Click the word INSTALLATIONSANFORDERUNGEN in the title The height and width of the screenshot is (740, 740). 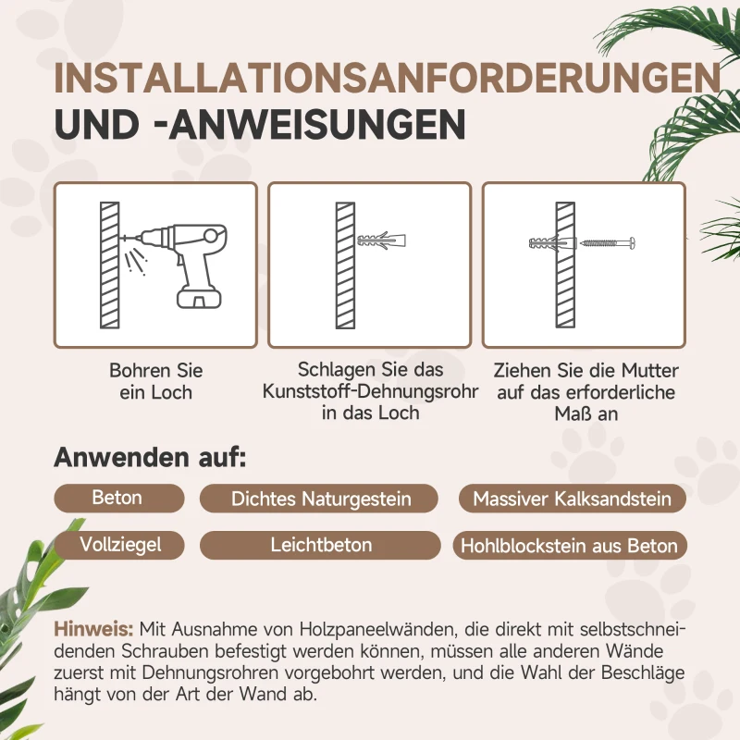click(x=387, y=78)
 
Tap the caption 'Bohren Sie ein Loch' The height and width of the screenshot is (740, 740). click(x=155, y=381)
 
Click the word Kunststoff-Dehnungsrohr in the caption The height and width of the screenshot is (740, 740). click(x=371, y=391)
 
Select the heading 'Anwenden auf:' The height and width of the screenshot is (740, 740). click(x=150, y=457)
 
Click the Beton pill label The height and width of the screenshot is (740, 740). click(x=117, y=498)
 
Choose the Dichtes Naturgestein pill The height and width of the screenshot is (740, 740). click(x=320, y=499)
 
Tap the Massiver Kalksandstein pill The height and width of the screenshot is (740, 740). click(x=572, y=499)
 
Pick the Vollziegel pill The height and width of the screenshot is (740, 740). click(x=120, y=545)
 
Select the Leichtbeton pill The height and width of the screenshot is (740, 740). click(x=320, y=546)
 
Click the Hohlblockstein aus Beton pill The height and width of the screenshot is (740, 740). click(x=570, y=546)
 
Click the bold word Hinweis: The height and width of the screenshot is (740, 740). click(x=93, y=629)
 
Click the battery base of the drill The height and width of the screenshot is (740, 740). click(x=200, y=298)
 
